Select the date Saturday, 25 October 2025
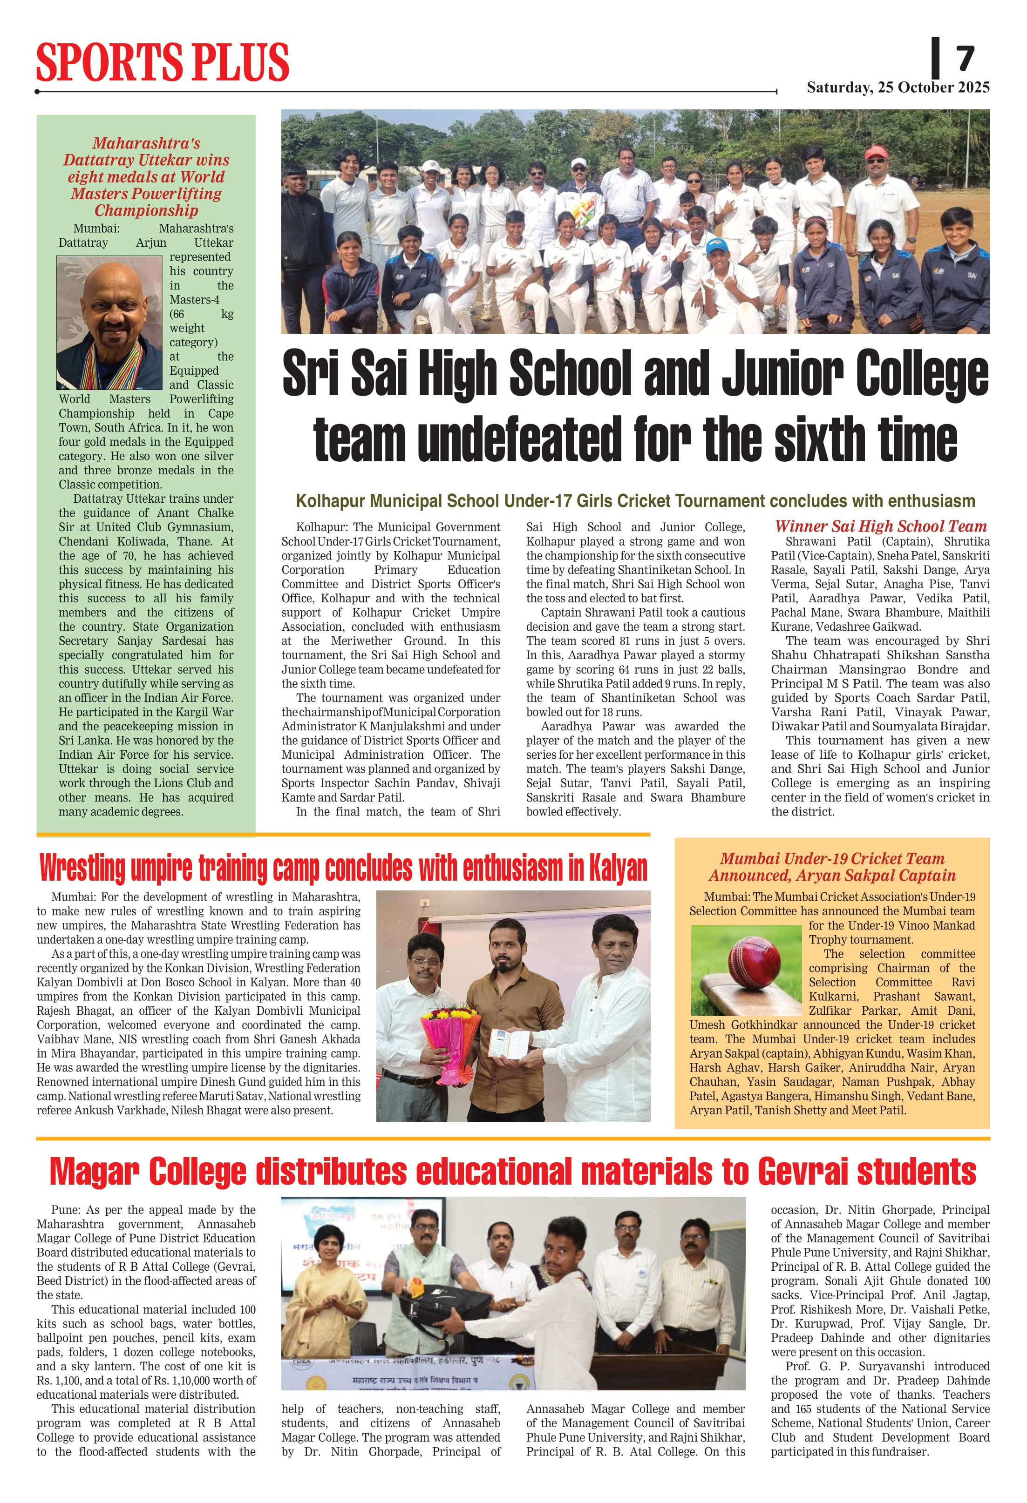point(898,88)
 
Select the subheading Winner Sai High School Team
point(881,526)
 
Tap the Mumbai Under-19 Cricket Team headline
point(831,867)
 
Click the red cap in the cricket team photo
point(876,153)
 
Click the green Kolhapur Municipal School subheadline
point(635,501)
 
